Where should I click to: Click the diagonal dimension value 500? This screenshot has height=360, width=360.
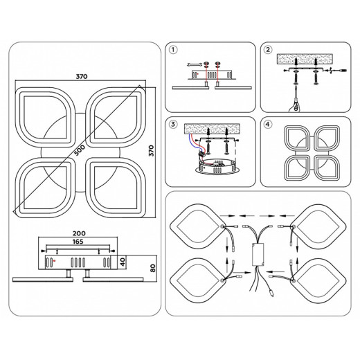pos(80,150)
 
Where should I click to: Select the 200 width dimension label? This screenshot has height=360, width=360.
pos(79,233)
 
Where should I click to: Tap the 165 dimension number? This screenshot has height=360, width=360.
pos(78,242)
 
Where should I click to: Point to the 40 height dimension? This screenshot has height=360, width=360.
pos(123,262)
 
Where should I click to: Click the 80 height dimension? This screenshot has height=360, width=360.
pos(153,268)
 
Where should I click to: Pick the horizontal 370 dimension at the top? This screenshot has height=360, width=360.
pos(82,76)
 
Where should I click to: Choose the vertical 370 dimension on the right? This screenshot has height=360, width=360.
pos(151,151)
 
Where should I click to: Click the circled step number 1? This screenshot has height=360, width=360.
pos(173,50)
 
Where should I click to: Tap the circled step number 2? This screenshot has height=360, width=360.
pos(268,50)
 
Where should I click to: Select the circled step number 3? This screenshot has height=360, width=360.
pos(173,125)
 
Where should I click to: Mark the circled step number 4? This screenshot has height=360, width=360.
pos(268,125)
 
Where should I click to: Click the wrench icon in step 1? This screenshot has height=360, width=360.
pos(195,64)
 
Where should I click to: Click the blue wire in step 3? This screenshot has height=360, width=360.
pos(192,142)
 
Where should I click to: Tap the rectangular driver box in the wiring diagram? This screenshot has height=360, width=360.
pos(258,255)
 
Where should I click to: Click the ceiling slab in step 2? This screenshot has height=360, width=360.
pos(305,60)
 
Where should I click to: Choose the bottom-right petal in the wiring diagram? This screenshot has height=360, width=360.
pos(318,280)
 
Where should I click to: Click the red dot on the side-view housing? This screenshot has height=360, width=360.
pos(54,261)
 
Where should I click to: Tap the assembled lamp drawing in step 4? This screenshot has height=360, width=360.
pos(312,153)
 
